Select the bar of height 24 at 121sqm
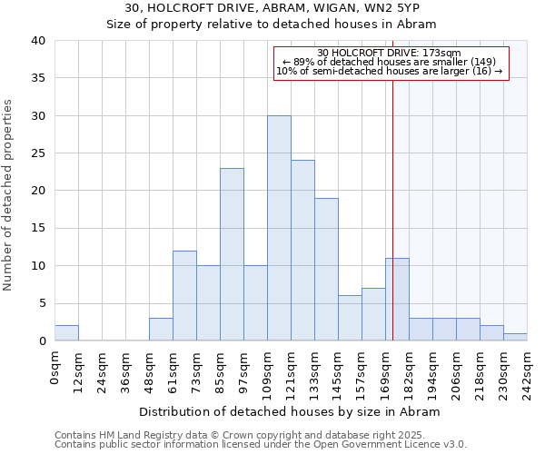click(x=302, y=251)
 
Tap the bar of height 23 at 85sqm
click(x=232, y=254)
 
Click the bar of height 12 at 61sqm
click(x=184, y=296)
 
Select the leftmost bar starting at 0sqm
click(x=66, y=333)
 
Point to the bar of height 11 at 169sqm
click(x=397, y=300)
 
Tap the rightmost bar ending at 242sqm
click(x=515, y=337)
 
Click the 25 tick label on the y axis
click(x=39, y=154)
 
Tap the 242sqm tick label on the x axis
click(x=528, y=368)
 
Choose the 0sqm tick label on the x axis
click(x=55, y=364)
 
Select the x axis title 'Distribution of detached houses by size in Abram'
click(x=291, y=411)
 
